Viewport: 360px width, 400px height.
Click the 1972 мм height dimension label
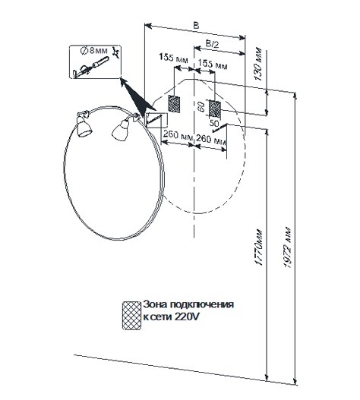click(288, 247)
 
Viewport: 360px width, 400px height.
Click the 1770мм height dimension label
click(259, 247)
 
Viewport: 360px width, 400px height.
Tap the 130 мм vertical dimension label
click(258, 64)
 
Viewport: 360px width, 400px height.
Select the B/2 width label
click(212, 44)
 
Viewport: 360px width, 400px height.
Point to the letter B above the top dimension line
click(196, 26)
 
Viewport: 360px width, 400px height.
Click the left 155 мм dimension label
click(173, 58)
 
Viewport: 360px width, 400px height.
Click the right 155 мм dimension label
click(213, 64)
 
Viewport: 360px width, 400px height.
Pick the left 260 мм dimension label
click(178, 135)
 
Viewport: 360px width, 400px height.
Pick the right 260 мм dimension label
click(211, 140)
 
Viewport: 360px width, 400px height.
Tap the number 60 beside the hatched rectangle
click(202, 106)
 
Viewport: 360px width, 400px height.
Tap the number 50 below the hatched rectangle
click(214, 123)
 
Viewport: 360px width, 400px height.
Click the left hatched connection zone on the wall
click(174, 104)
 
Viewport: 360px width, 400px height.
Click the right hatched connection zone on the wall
click(215, 108)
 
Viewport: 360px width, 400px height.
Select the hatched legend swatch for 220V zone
click(131, 315)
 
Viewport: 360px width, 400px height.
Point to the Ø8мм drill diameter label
click(94, 51)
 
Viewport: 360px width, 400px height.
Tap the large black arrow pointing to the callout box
click(137, 98)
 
